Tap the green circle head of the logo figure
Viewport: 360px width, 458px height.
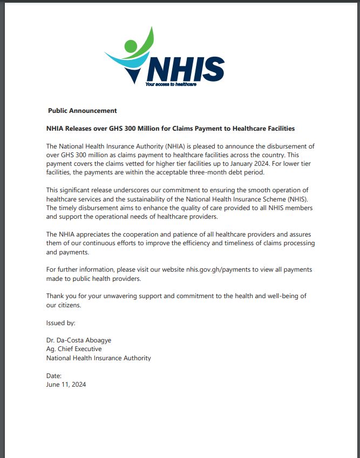[131, 45]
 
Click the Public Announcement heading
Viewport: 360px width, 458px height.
[82, 111]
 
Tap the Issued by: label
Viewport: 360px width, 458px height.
[61, 322]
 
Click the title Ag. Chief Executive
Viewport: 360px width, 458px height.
[74, 349]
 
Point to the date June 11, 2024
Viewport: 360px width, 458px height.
[66, 385]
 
